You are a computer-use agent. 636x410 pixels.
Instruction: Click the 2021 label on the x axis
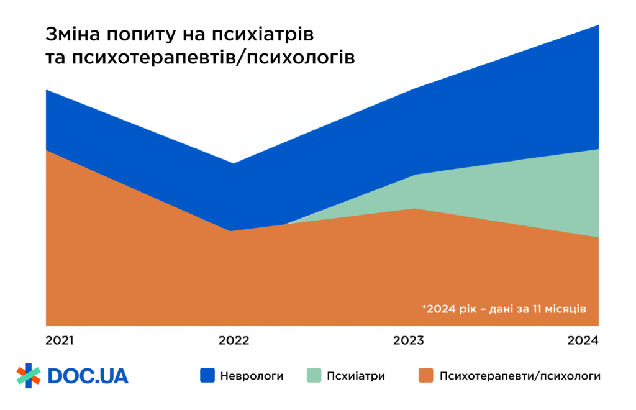tap(60, 340)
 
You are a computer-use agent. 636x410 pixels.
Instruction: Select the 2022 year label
tap(233, 340)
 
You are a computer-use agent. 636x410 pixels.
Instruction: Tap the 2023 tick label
tap(408, 340)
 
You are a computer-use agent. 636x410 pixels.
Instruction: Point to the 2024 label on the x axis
tap(583, 340)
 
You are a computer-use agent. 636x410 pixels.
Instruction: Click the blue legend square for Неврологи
tap(207, 375)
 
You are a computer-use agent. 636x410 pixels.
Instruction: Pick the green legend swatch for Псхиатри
tap(314, 375)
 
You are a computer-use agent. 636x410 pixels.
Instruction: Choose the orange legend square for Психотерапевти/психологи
tap(425, 375)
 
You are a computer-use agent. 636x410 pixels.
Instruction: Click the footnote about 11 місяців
tap(504, 309)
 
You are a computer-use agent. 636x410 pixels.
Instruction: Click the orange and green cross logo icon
tap(28, 375)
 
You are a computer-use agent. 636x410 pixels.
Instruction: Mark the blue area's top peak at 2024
tap(597, 26)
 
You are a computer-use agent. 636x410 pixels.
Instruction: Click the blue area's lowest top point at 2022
tap(233, 164)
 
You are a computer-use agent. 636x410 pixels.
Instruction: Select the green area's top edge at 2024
tap(597, 150)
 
